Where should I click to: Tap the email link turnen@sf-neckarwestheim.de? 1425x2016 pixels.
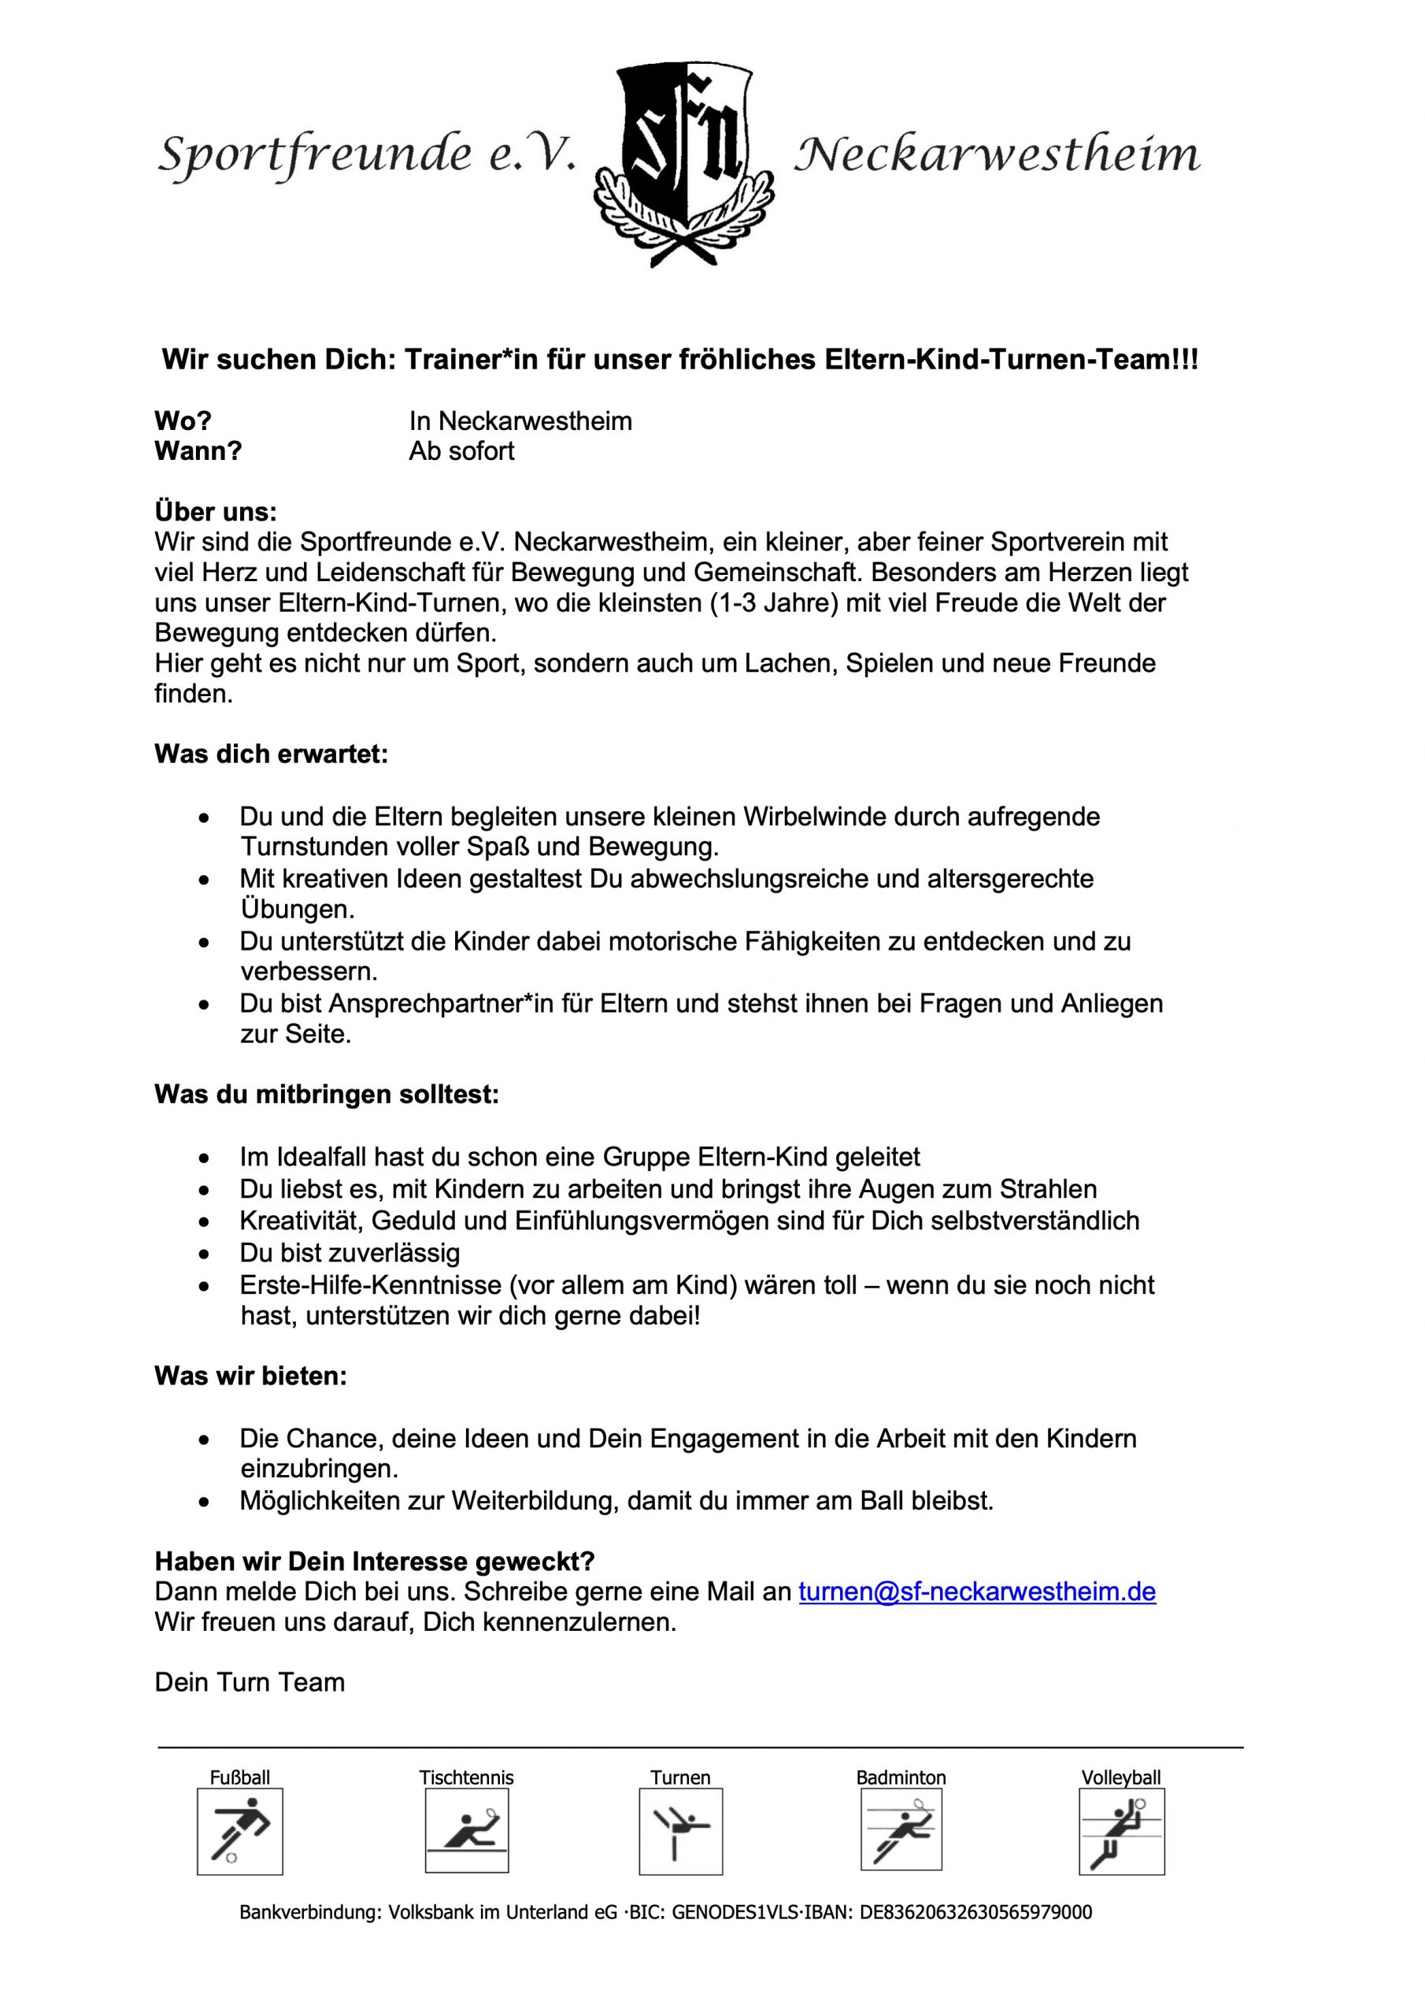976,1592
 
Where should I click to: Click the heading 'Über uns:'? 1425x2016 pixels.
215,512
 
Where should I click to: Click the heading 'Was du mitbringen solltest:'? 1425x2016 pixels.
327,1095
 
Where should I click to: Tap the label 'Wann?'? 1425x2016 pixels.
198,451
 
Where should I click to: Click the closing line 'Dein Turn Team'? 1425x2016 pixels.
250,1682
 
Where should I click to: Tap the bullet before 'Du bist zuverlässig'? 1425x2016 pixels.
205,1254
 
